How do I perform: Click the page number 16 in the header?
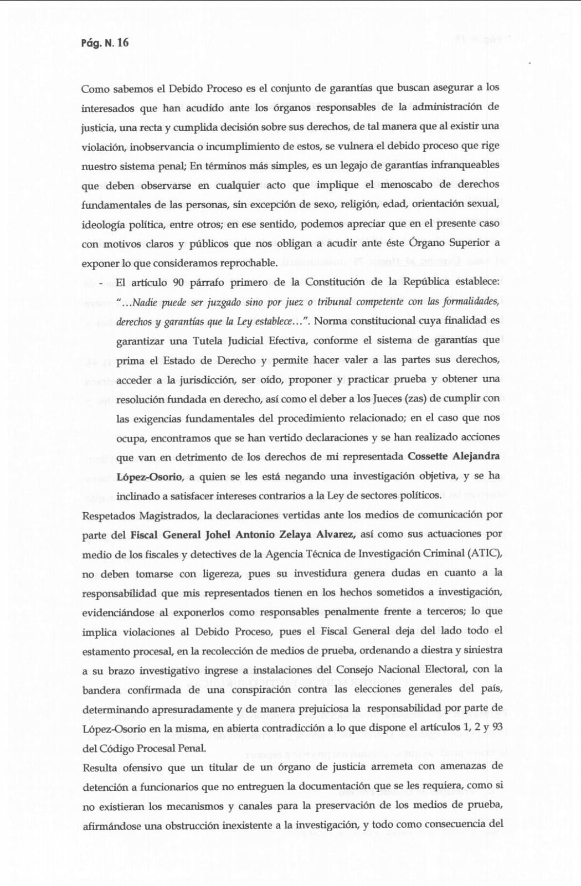(x=122, y=43)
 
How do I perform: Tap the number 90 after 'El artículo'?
(x=178, y=282)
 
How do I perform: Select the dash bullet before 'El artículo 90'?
(x=101, y=283)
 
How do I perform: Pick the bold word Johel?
(x=218, y=534)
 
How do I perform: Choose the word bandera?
(x=101, y=690)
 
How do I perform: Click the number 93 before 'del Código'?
(x=496, y=727)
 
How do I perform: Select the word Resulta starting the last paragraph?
(x=100, y=767)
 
